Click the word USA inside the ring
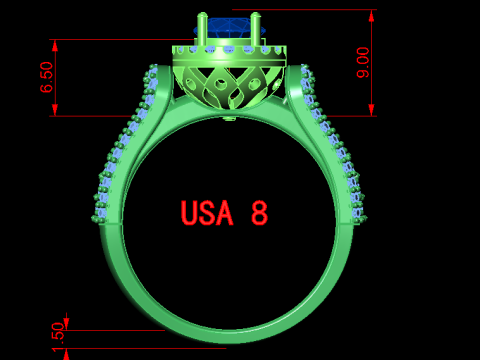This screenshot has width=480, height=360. tap(207, 213)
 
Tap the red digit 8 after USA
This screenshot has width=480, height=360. tap(259, 213)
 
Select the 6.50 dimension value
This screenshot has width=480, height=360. tap(47, 77)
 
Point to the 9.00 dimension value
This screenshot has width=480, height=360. tap(364, 62)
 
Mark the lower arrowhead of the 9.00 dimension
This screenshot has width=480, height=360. tap(372, 109)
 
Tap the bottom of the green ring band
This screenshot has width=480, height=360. tap(228, 336)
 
